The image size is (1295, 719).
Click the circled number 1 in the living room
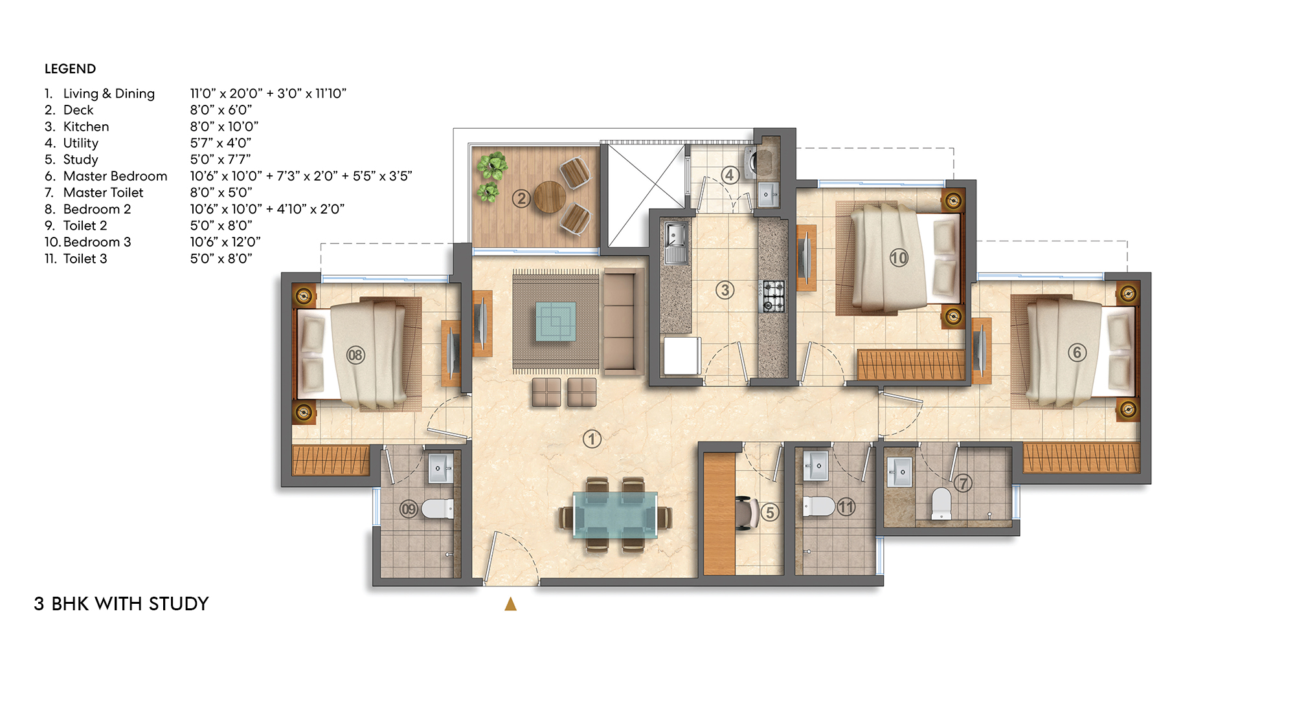(x=592, y=439)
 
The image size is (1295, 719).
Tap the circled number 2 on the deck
(x=521, y=199)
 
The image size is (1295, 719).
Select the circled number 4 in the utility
(x=730, y=175)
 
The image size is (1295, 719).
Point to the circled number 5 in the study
(x=769, y=513)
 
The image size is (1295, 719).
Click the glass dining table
(x=615, y=514)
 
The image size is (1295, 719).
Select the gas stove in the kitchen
(x=773, y=296)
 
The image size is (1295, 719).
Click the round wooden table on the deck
(x=550, y=196)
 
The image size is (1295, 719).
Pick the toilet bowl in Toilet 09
(x=438, y=509)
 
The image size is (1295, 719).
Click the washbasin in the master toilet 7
(x=899, y=472)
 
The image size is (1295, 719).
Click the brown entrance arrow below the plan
(x=510, y=604)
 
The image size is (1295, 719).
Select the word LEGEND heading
(x=70, y=69)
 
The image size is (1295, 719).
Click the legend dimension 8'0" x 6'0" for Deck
(x=221, y=110)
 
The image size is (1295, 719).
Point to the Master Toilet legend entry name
(x=103, y=192)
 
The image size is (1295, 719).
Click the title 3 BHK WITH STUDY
(x=121, y=603)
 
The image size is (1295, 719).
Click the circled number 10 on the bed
(x=899, y=258)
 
